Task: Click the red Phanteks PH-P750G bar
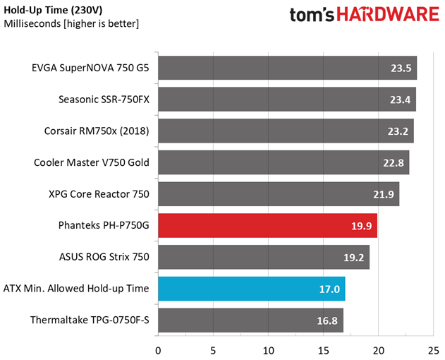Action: click(x=268, y=227)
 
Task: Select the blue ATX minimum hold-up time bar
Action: click(x=251, y=289)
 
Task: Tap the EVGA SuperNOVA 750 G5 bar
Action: click(x=287, y=68)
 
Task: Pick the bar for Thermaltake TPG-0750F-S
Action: click(x=250, y=320)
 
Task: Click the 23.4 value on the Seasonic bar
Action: click(x=401, y=100)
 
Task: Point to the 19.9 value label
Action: click(x=362, y=227)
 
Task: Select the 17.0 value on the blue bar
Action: click(x=330, y=289)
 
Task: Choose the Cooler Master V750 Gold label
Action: click(x=92, y=162)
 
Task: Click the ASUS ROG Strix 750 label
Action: click(x=104, y=258)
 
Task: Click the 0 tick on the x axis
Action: click(x=158, y=349)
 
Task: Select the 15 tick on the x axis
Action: click(x=324, y=349)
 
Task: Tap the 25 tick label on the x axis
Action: click(x=434, y=349)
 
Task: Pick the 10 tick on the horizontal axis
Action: click(x=269, y=349)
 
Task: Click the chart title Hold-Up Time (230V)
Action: click(x=53, y=9)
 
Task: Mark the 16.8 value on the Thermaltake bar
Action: click(x=329, y=320)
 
